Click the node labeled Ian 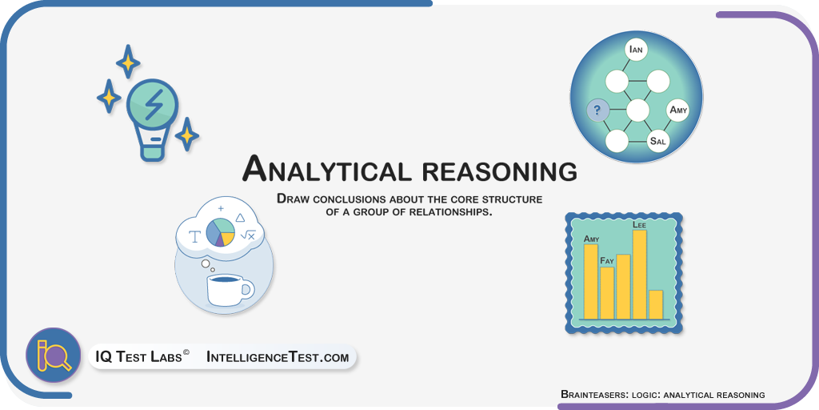636,50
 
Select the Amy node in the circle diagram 678,111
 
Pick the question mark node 597,111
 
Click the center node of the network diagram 637,111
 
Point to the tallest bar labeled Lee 640,274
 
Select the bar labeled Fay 607,293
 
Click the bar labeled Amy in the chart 591,281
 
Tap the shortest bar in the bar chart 656,304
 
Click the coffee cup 230,289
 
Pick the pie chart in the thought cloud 221,232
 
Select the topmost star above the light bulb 128,62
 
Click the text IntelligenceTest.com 278,358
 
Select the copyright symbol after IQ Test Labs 186,353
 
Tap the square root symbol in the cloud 248,235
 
